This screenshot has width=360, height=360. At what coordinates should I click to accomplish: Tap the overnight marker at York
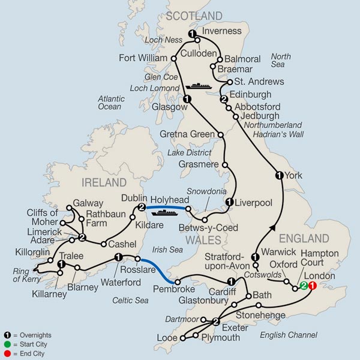[x=278, y=175]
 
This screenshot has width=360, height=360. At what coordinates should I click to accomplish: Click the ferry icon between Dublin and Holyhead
[x=164, y=211]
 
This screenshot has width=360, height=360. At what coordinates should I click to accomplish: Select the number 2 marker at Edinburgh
[x=224, y=99]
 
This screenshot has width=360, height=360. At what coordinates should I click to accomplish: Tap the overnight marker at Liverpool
[x=229, y=202]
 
